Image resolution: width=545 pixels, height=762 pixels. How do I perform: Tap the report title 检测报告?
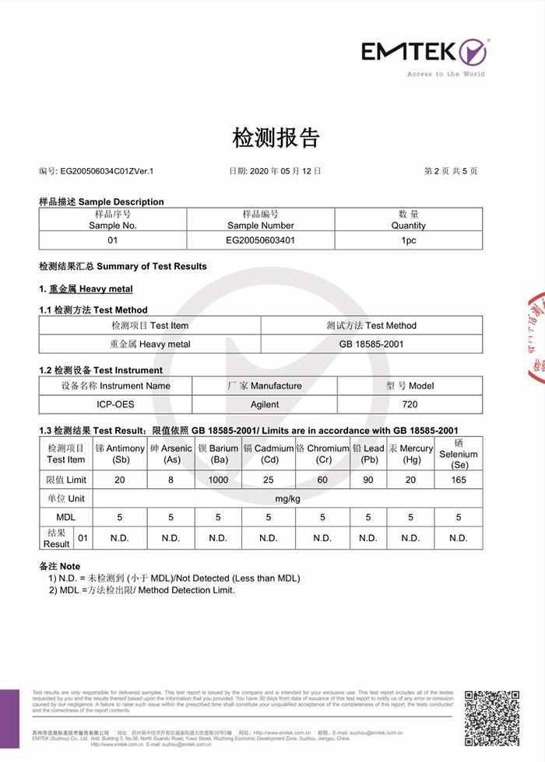coord(276,138)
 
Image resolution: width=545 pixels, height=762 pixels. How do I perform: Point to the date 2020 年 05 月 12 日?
coord(275,170)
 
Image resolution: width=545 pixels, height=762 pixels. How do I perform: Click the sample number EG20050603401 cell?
coord(260,240)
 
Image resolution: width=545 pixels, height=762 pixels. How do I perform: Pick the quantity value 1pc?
coord(409,240)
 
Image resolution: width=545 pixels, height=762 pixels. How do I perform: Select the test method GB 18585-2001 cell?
coord(371,344)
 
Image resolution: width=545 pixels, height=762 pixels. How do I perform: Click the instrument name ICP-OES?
coord(115,404)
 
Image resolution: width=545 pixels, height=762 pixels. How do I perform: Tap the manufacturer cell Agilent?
coord(265,404)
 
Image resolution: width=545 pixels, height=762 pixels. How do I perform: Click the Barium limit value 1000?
coord(218,480)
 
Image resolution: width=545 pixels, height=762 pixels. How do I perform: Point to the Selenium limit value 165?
coord(459,480)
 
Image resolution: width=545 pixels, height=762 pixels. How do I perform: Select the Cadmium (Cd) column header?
coord(268,454)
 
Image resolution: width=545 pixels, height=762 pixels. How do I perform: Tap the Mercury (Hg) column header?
coord(410,454)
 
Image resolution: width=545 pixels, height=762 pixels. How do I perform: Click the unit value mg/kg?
coord(287,498)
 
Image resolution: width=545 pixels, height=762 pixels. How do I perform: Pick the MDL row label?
coord(65,517)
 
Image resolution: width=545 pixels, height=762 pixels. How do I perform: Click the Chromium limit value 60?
coord(322,480)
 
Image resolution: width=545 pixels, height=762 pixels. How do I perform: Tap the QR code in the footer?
coord(491,717)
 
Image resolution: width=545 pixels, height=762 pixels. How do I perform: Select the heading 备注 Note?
coord(59,566)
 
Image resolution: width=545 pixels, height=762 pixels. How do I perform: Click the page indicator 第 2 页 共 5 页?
coord(450,170)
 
